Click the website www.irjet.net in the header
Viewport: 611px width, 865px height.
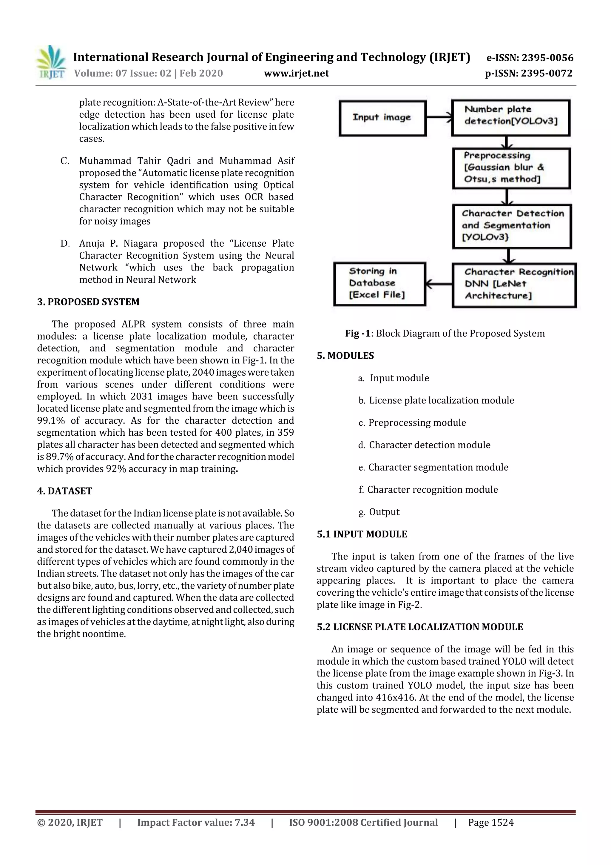point(296,73)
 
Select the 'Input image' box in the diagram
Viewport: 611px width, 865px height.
point(382,118)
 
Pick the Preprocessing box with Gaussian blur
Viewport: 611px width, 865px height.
point(511,168)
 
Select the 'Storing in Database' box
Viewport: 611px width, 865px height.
point(379,284)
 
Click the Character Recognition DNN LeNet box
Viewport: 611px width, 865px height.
point(513,285)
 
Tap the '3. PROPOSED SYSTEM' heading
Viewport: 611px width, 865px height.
point(88,302)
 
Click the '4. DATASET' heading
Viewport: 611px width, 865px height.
point(64,491)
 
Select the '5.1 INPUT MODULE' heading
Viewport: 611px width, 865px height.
point(362,534)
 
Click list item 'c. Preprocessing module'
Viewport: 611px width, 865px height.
point(412,423)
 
